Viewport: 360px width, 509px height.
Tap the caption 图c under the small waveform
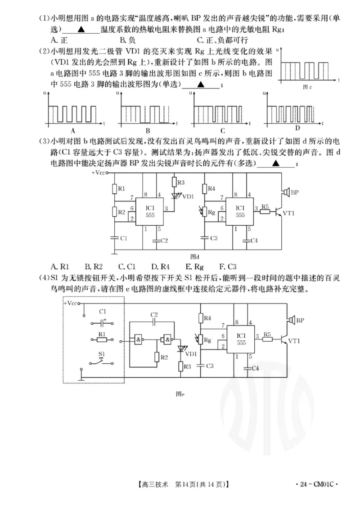pos(308,87)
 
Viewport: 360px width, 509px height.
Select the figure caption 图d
pos(194,256)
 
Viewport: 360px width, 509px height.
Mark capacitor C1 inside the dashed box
pos(103,322)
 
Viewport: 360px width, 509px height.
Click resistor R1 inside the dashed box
pos(102,342)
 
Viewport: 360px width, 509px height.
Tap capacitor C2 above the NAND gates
pos(154,322)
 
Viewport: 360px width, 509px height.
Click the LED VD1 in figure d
pos(176,196)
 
